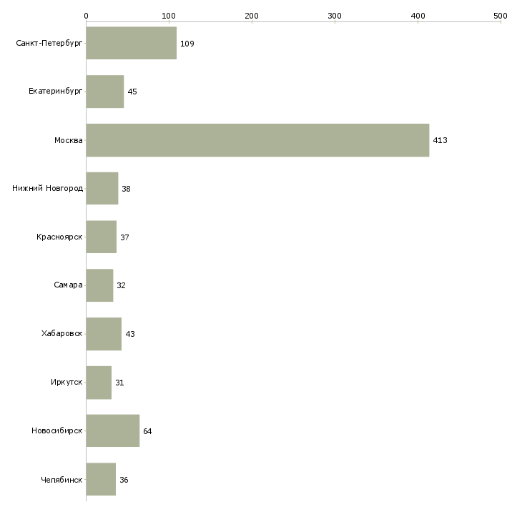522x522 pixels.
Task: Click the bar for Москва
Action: coord(257,140)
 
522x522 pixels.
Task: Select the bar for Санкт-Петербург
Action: coord(131,44)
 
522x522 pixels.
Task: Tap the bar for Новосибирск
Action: coord(112,431)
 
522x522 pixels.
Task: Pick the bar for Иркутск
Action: coord(99,383)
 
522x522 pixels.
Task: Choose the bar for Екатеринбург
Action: coord(104,92)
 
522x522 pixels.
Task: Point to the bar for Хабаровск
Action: coord(104,334)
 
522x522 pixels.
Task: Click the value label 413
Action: coord(440,141)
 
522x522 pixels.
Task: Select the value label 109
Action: coord(187,44)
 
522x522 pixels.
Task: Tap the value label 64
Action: coord(147,431)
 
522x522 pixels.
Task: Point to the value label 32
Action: coord(121,286)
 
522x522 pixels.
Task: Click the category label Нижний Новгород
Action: coord(47,189)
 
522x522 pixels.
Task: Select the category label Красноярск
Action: coord(59,237)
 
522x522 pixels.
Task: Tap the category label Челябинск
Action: coord(61,480)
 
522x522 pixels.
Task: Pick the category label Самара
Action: coord(68,285)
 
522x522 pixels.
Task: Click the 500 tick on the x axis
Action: coord(501,15)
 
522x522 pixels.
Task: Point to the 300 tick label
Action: coord(335,15)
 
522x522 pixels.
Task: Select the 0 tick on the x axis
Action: coord(86,15)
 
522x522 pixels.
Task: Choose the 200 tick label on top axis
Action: coord(252,15)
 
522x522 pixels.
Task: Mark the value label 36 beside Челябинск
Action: coord(124,480)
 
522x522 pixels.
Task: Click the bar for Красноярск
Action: coord(101,237)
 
